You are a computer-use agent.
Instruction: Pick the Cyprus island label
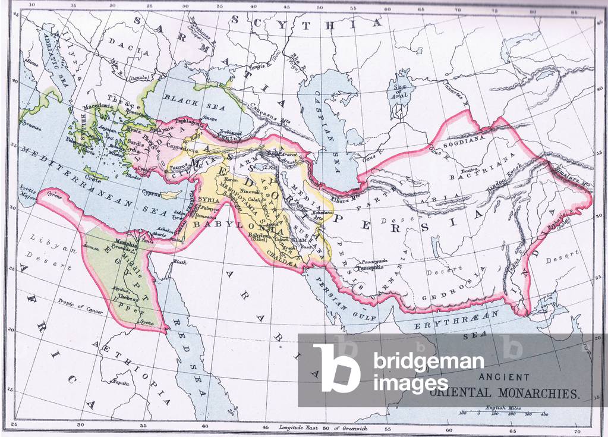(153, 192)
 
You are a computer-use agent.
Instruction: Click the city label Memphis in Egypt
(131, 243)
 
